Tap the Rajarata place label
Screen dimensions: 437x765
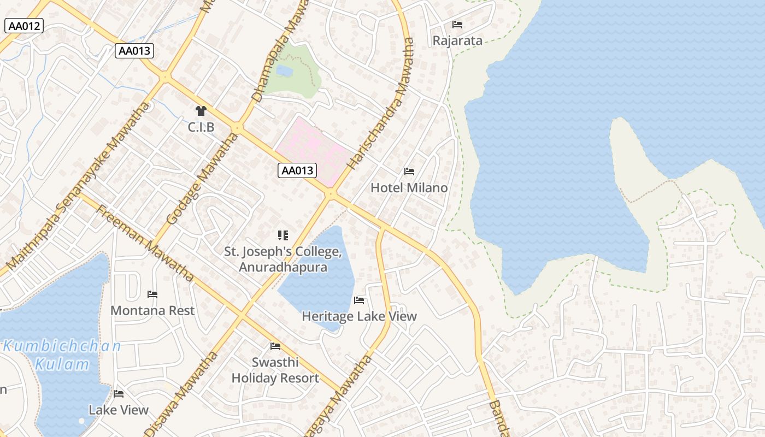coord(457,40)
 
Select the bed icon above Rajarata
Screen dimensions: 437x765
coord(457,25)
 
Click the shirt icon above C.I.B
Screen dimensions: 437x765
coord(201,111)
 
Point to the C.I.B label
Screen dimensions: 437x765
coord(201,127)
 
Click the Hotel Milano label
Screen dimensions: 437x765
coord(409,187)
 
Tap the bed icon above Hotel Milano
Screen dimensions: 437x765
coord(409,172)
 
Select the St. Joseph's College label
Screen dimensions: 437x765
coord(283,259)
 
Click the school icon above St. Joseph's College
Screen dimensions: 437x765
coord(283,235)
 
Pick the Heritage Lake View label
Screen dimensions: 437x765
coord(359,316)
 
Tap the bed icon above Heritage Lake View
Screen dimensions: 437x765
coord(359,300)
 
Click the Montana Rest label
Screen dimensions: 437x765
coord(152,310)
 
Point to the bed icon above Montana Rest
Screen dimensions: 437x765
coord(152,294)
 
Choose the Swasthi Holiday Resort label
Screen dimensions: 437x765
coord(275,370)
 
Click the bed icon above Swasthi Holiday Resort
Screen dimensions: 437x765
coord(275,346)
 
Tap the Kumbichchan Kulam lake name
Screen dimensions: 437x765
coord(62,355)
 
